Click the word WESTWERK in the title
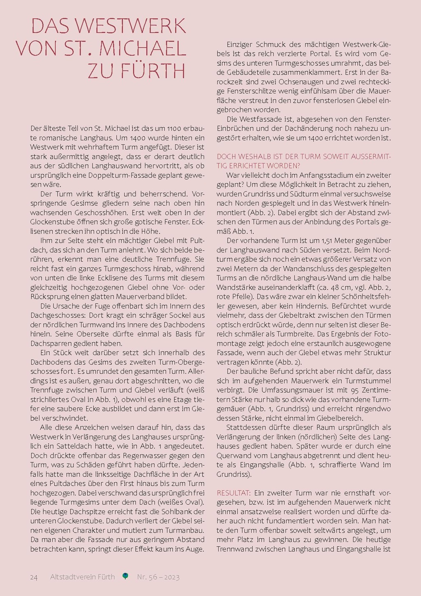click(x=131, y=26)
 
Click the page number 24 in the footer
click(x=34, y=577)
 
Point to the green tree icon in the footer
click(x=125, y=576)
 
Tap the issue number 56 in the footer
click(x=153, y=577)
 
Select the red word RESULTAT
click(x=234, y=493)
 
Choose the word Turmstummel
click(x=368, y=380)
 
